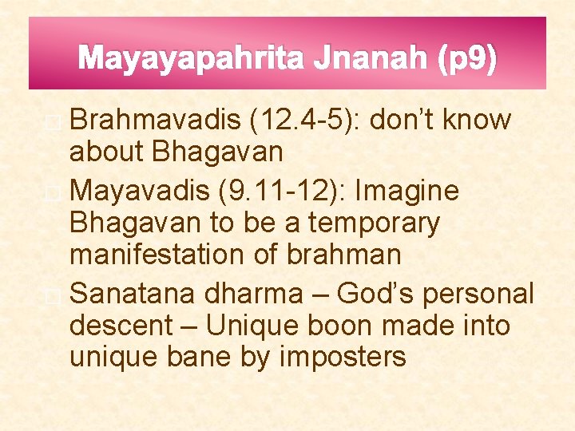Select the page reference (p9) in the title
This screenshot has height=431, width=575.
(x=467, y=58)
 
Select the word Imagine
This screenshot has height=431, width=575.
(x=408, y=191)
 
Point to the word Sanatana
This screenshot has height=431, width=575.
(x=131, y=294)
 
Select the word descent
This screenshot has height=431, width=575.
(x=121, y=326)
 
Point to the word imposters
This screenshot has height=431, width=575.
(x=343, y=357)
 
